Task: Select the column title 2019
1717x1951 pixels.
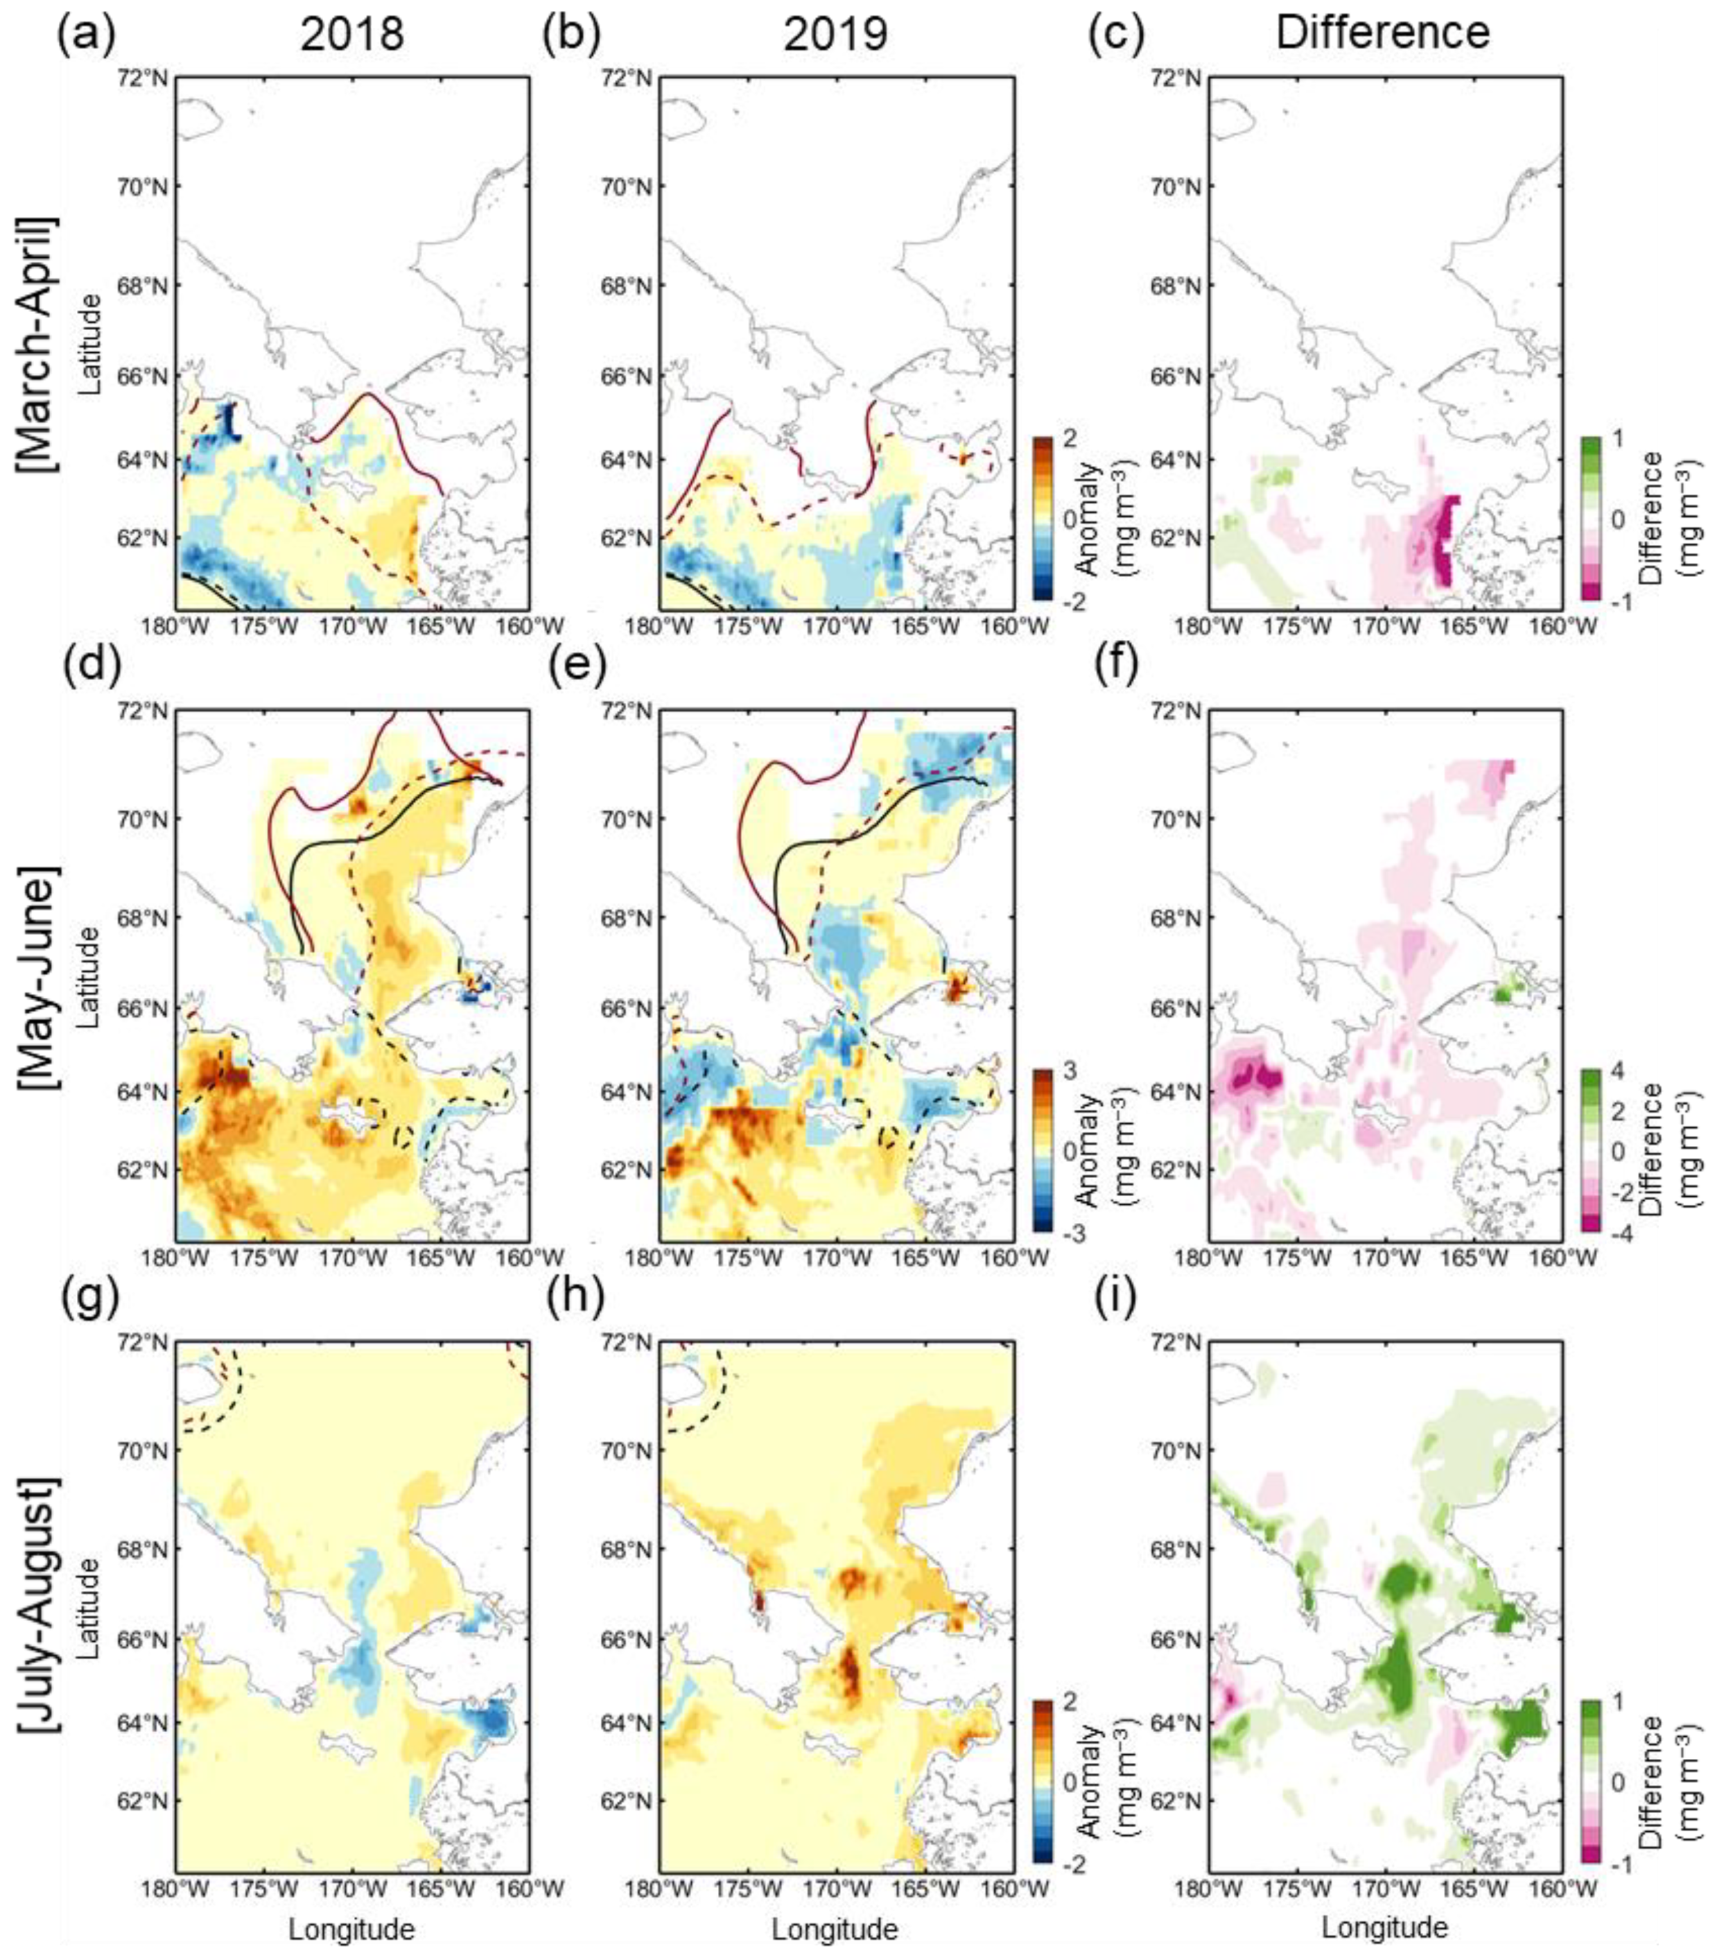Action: pos(835,35)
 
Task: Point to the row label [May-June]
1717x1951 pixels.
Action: pos(36,976)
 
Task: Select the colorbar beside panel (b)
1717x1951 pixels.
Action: pos(1044,518)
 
